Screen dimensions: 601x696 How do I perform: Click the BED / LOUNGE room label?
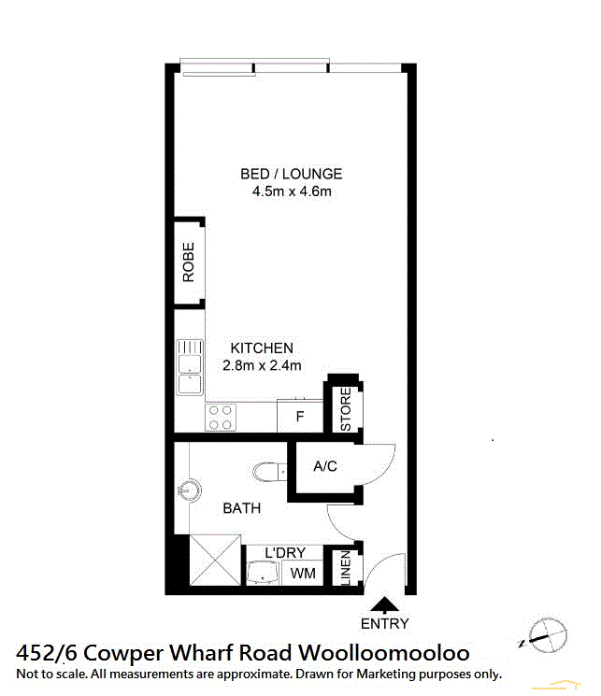pos(292,174)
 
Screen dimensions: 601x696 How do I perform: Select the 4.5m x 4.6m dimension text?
pos(292,192)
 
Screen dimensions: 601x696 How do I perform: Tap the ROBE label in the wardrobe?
pos(189,262)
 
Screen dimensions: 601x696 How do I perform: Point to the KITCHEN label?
pos(262,348)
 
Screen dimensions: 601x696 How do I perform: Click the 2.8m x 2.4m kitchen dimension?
pos(262,365)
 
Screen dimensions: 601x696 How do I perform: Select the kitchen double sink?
pos(190,367)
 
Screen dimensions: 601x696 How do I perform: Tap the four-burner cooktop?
pos(221,418)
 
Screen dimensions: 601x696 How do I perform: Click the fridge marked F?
pos(300,416)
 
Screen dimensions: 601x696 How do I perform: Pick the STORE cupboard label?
pos(346,409)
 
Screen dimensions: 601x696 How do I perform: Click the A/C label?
pos(325,466)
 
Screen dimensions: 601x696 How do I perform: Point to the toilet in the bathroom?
pos(269,472)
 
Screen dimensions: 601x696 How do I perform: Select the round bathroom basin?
pos(190,490)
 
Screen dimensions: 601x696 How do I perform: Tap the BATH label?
pos(242,508)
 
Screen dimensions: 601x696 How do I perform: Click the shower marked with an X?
pos(215,561)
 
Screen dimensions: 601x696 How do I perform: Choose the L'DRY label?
pos(285,553)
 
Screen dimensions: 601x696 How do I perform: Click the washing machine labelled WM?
pos(303,573)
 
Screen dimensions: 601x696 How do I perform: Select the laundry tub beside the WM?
pos(263,573)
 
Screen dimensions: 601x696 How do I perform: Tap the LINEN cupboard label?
pos(346,568)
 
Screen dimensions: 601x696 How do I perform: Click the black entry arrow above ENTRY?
pos(385,605)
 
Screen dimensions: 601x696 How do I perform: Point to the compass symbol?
pos(547,635)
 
